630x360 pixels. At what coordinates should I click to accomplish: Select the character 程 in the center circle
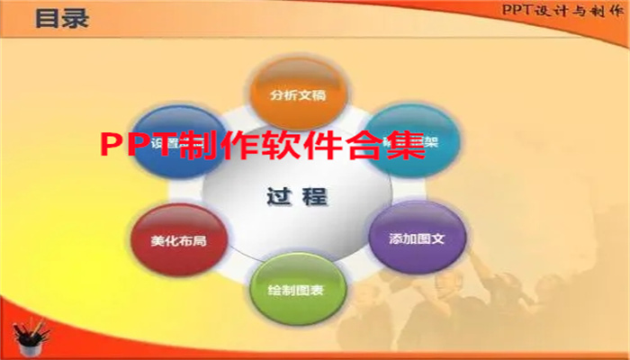(x=314, y=195)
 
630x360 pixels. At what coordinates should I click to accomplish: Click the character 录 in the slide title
(x=76, y=19)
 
